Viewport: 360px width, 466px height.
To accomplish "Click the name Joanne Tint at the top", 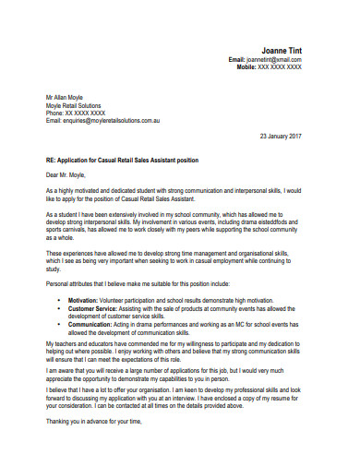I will coord(276,50).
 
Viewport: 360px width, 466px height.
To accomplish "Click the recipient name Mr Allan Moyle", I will coord(68,97).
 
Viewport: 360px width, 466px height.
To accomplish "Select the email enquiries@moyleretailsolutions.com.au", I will coord(111,120).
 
